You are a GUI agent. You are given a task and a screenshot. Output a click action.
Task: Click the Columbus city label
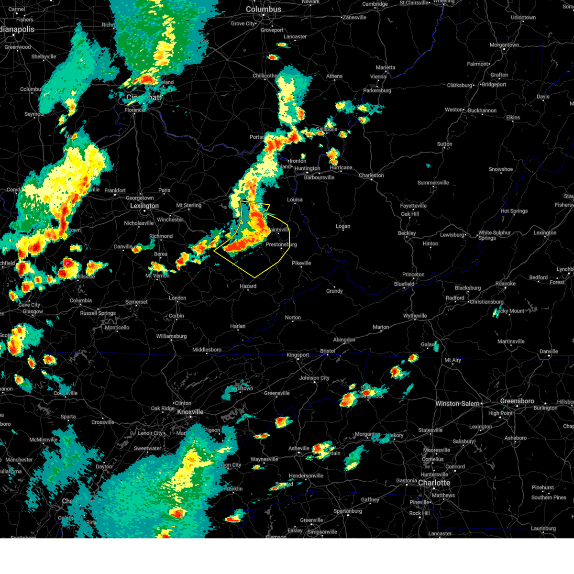click(264, 10)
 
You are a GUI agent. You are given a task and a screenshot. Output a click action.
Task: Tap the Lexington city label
click(144, 206)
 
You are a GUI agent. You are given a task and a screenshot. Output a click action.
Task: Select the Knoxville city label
click(190, 412)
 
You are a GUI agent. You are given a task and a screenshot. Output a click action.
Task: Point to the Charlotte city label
click(434, 483)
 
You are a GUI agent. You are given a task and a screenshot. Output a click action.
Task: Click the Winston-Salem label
click(457, 404)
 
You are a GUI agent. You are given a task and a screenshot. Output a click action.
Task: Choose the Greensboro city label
click(517, 401)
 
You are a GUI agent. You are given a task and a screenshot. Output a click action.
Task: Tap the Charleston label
click(372, 176)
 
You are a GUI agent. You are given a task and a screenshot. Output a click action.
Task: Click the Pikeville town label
click(301, 263)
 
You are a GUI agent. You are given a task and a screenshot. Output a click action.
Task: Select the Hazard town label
click(248, 286)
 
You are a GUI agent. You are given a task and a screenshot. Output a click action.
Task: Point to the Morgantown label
click(504, 45)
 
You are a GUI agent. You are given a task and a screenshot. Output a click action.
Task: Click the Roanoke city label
click(505, 284)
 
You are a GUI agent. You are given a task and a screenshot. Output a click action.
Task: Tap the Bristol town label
click(328, 351)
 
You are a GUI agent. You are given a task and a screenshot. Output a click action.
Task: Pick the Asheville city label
click(299, 448)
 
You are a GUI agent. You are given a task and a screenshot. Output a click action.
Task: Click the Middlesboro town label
click(207, 350)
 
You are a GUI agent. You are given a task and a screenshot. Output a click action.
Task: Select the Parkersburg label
click(377, 90)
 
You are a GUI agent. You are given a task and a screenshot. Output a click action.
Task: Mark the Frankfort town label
click(115, 190)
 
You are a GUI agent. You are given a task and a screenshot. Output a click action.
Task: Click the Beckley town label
click(407, 233)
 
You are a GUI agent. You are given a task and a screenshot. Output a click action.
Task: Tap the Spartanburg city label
click(348, 511)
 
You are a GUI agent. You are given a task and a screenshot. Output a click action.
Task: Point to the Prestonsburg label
click(281, 244)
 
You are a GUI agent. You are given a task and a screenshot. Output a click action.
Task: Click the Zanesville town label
click(354, 18)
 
